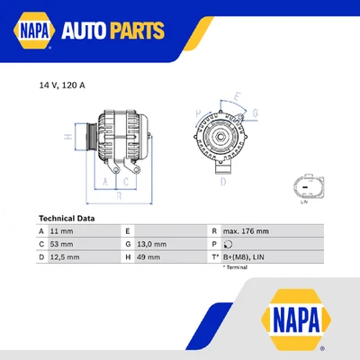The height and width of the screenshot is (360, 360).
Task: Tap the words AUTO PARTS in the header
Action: click(x=112, y=31)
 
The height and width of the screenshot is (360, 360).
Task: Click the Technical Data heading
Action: click(x=67, y=218)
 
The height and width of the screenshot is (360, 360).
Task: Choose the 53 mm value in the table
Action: click(x=63, y=244)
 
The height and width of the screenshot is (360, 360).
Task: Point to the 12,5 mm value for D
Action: click(x=66, y=257)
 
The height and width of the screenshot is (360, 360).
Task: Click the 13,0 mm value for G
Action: click(x=152, y=244)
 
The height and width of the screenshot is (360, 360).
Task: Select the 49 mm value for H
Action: click(x=149, y=257)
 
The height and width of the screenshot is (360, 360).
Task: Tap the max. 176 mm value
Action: click(x=246, y=231)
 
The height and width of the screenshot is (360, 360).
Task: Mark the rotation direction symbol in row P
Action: click(x=228, y=244)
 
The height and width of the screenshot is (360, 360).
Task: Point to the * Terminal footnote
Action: click(x=235, y=267)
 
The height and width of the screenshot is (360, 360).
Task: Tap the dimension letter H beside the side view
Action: click(x=67, y=136)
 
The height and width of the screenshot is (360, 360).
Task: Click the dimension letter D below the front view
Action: click(x=222, y=181)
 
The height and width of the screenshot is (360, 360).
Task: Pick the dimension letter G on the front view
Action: click(x=255, y=113)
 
